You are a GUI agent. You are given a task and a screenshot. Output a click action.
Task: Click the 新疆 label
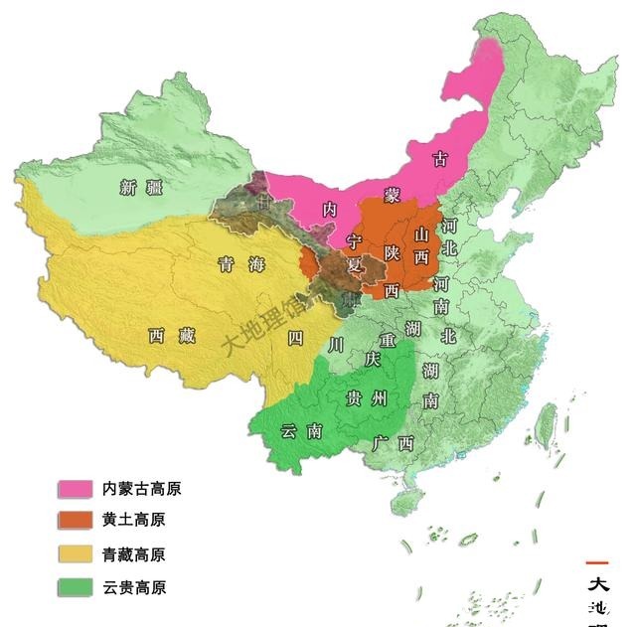pyautogui.click(x=140, y=187)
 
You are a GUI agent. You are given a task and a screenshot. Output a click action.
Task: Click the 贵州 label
pyautogui.click(x=364, y=398)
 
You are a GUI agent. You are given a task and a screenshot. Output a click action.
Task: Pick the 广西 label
pyautogui.click(x=392, y=442)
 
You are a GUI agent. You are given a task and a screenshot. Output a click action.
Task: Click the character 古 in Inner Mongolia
pyautogui.click(x=441, y=157)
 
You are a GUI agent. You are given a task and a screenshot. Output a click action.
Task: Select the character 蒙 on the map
pyautogui.click(x=394, y=195)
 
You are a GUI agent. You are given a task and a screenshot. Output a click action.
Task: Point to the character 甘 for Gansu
pyautogui.click(x=262, y=201)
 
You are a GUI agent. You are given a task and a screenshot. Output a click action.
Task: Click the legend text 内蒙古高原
pyautogui.click(x=141, y=489)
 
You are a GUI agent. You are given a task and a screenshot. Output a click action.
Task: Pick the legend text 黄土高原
pyautogui.click(x=133, y=521)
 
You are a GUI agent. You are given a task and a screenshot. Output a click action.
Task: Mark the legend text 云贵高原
pyautogui.click(x=133, y=587)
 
